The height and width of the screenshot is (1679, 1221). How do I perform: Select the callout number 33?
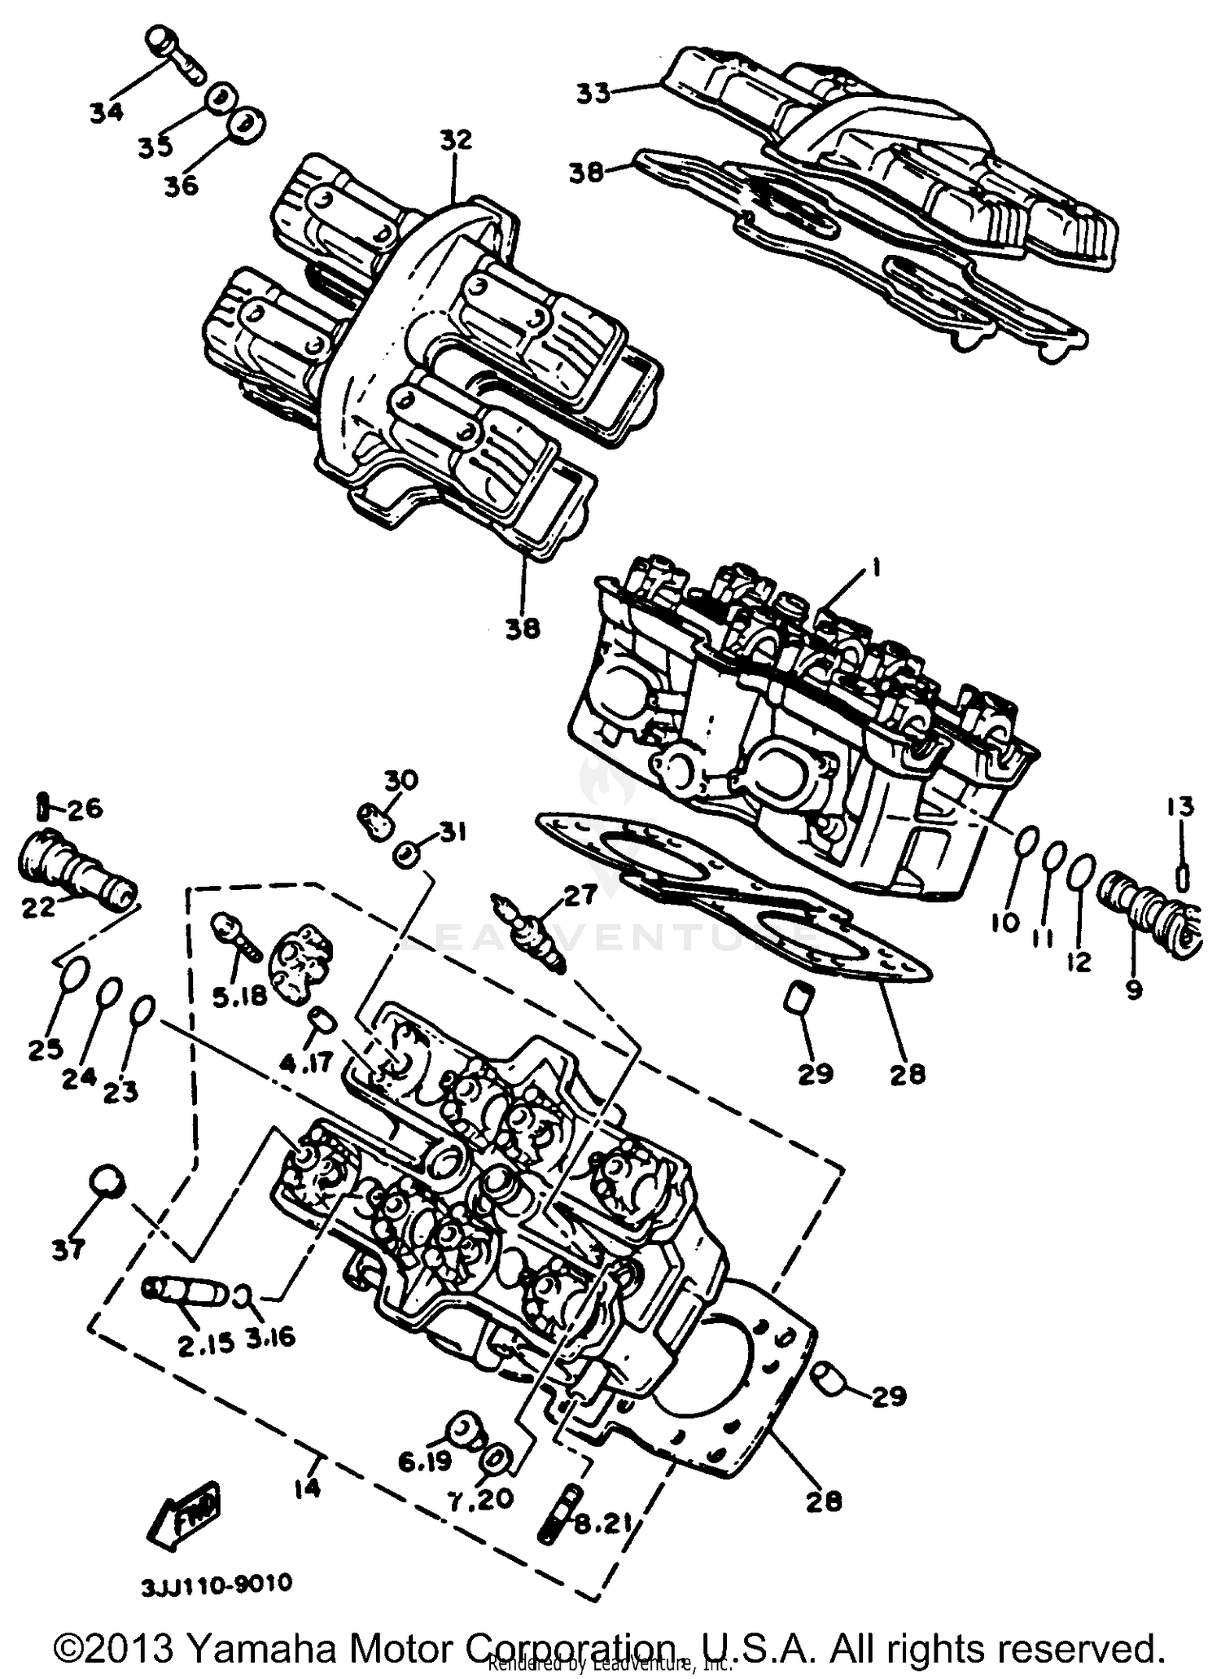pyautogui.click(x=593, y=94)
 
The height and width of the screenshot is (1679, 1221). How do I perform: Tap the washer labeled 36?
pyautogui.click(x=246, y=125)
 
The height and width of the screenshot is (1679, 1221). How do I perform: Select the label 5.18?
pyautogui.click(x=239, y=996)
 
